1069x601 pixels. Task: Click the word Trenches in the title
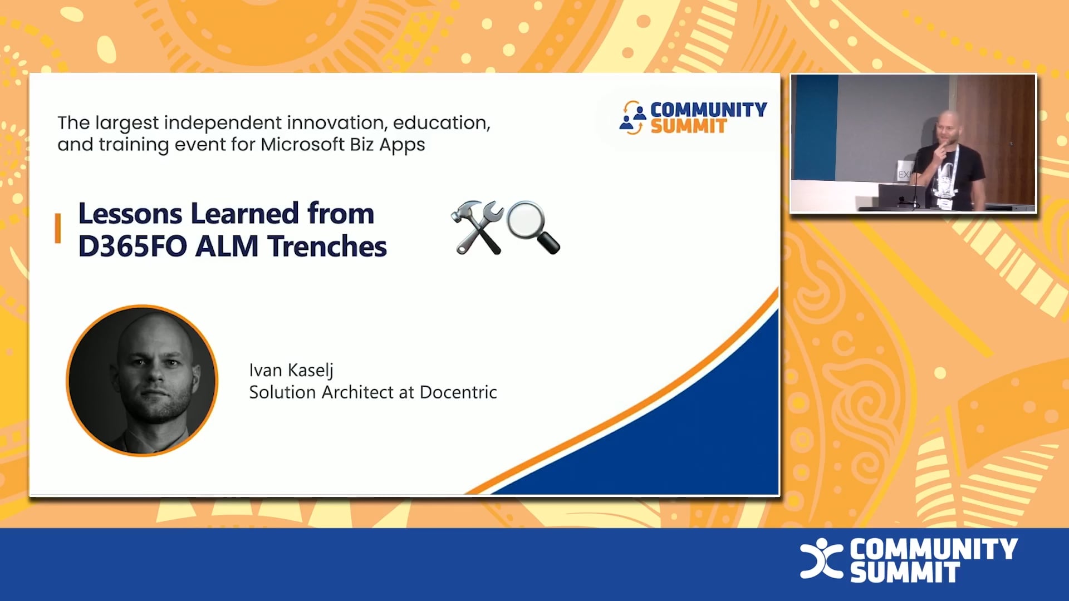[327, 246]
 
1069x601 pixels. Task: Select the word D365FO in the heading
[133, 246]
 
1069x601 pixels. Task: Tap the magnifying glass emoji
[533, 227]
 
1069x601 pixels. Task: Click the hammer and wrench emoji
[477, 227]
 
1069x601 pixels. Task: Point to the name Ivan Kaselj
[291, 370]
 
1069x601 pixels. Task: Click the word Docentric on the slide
[458, 392]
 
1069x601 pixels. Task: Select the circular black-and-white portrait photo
[142, 381]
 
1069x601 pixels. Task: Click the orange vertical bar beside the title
[58, 228]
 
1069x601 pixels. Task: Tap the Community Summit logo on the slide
[693, 117]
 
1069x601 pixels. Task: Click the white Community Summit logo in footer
[909, 560]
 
